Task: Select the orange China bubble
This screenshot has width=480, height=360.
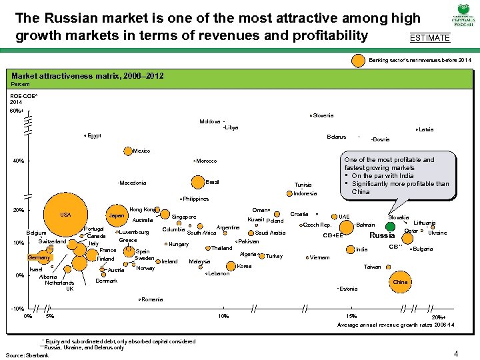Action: tap(400, 282)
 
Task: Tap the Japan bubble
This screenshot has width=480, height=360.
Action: tap(117, 216)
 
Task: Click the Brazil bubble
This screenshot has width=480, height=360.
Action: tap(197, 182)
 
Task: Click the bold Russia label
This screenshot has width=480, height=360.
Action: tap(382, 235)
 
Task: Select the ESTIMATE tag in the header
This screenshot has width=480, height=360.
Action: tap(430, 38)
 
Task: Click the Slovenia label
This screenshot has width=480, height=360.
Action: tap(323, 115)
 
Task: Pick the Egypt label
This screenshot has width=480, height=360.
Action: tap(94, 136)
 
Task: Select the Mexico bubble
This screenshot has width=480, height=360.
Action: tap(128, 151)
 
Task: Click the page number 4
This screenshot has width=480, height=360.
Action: tap(455, 353)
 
